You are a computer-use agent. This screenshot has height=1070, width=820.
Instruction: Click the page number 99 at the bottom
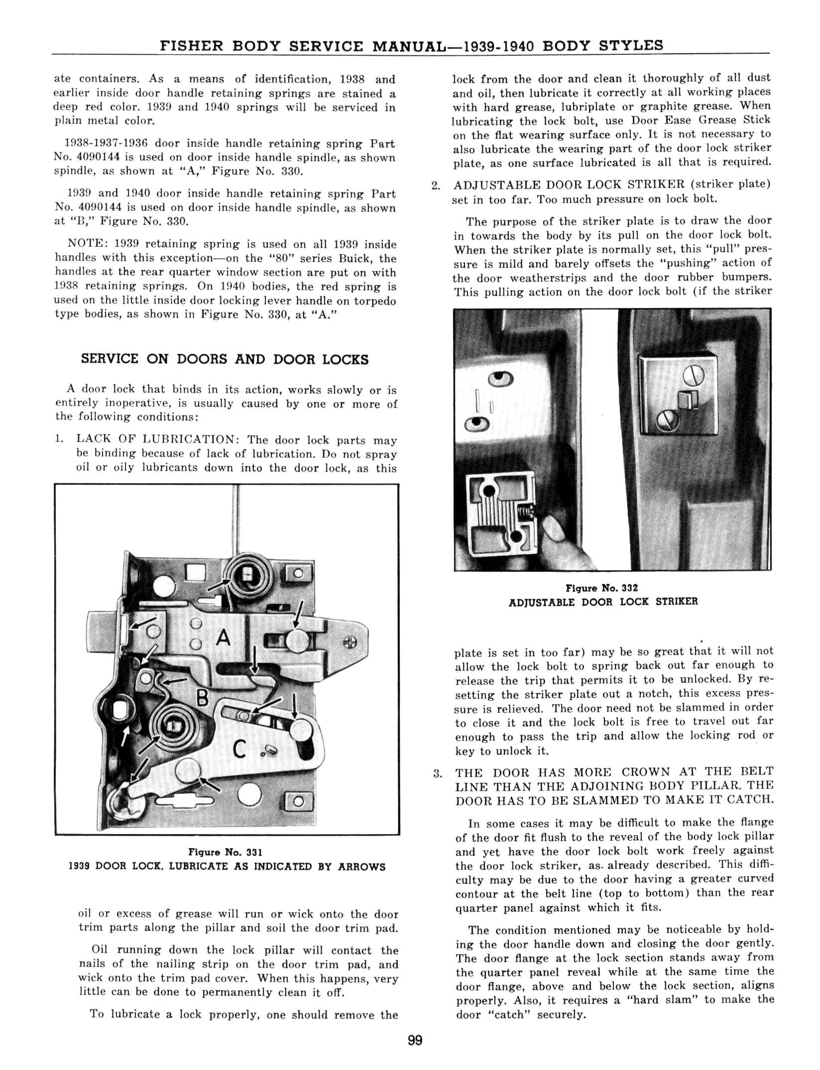point(414,1040)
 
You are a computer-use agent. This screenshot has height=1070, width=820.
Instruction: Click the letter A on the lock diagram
point(224,638)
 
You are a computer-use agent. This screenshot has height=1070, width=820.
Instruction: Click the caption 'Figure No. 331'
point(227,852)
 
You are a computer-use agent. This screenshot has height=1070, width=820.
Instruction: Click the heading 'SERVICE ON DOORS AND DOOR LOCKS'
point(225,359)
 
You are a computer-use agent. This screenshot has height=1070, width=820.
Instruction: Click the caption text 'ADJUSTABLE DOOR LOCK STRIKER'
point(603,602)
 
